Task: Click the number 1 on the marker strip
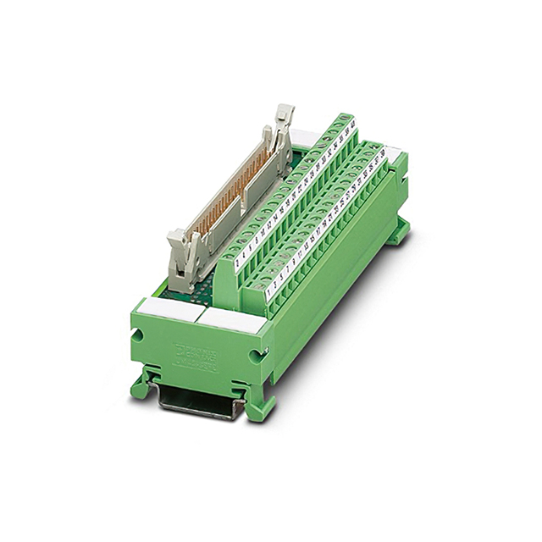[x=270, y=292]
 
